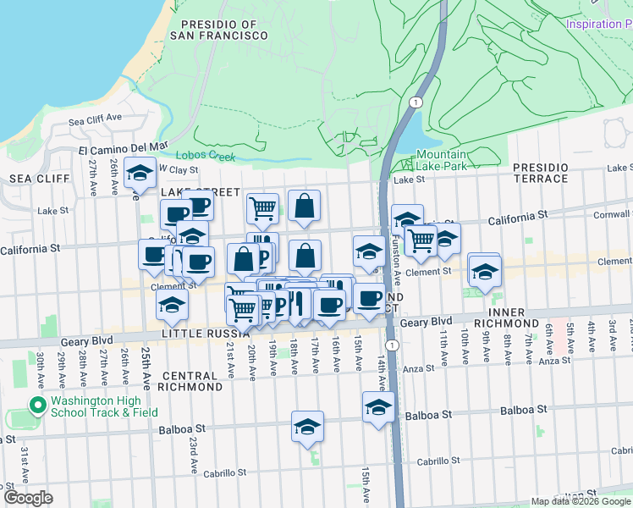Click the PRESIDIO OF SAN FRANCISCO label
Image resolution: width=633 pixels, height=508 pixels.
(218, 30)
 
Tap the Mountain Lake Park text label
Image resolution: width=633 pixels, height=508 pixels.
(442, 160)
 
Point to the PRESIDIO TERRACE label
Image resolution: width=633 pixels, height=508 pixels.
(541, 173)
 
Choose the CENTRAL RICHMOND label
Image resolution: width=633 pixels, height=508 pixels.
(192, 381)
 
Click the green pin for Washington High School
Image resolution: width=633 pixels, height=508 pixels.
(36, 406)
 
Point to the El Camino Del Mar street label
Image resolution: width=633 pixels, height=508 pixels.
(124, 147)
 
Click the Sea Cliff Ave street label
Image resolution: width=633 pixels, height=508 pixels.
(96, 119)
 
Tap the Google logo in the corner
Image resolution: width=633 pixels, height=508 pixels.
(28, 498)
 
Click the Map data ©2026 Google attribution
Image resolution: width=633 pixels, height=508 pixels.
(581, 501)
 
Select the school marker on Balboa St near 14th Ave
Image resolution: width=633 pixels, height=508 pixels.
(378, 407)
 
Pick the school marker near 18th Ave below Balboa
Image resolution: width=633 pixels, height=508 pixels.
(307, 427)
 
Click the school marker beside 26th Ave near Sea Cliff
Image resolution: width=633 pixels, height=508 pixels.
(140, 173)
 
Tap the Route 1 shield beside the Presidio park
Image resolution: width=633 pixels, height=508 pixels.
(414, 102)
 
